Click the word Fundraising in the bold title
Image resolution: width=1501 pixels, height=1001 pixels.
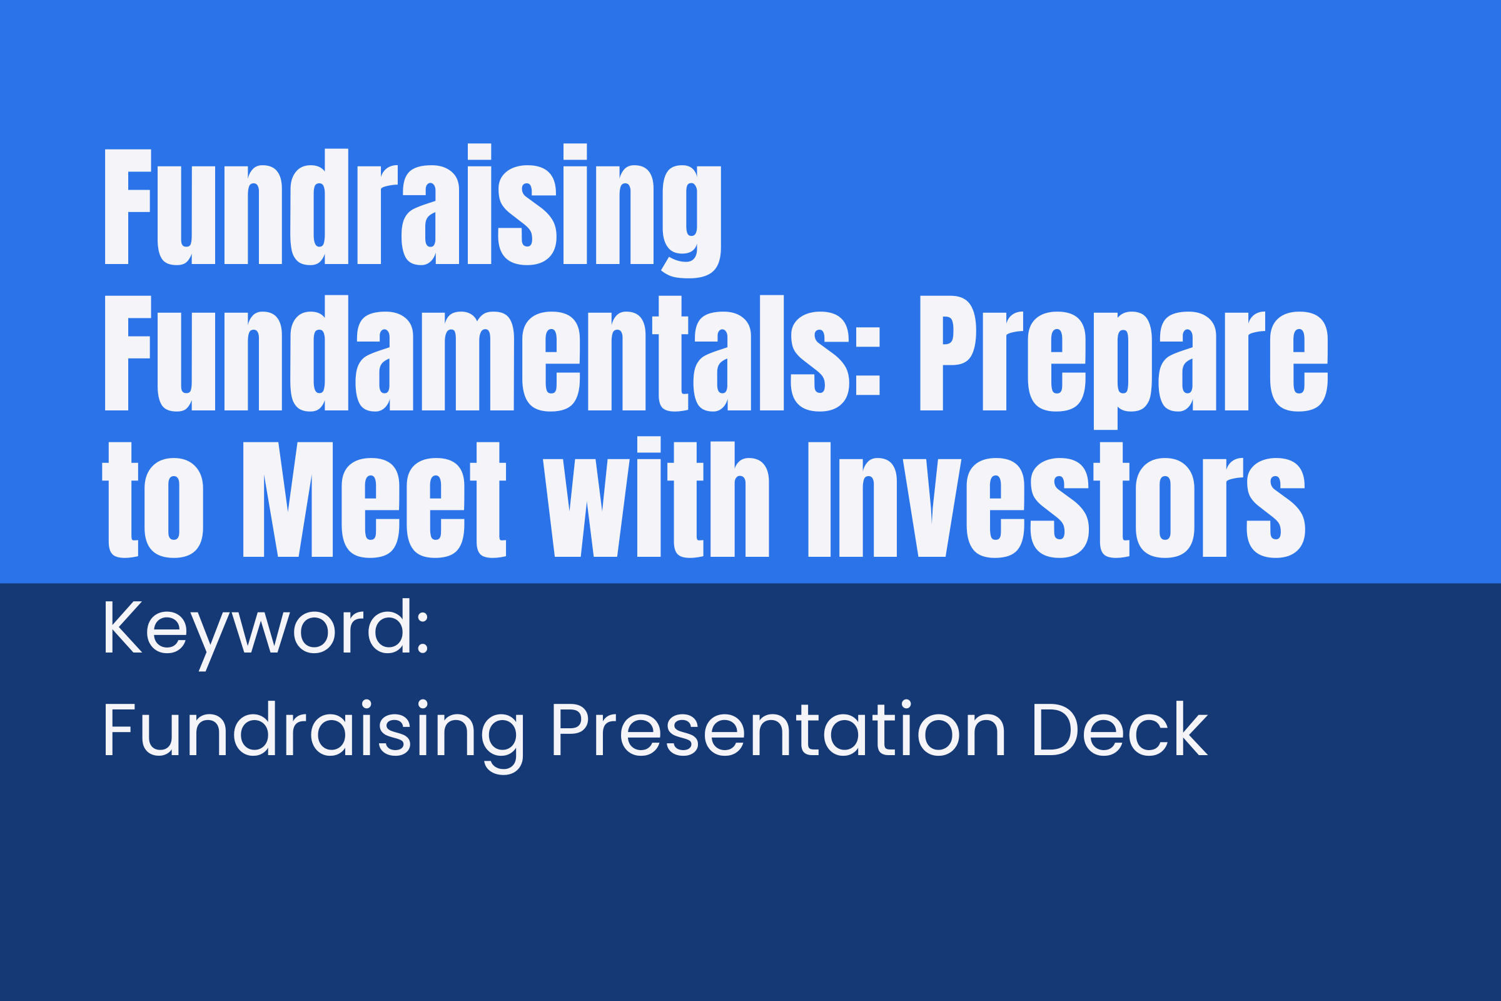[x=413, y=211]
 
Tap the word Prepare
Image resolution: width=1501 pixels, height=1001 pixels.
[x=1124, y=362]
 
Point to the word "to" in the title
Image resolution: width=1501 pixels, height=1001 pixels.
[x=153, y=500]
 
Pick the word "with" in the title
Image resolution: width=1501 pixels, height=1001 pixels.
[x=656, y=497]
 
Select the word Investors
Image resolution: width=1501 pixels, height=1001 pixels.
[x=1057, y=500]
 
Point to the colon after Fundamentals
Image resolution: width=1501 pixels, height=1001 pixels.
[x=868, y=362]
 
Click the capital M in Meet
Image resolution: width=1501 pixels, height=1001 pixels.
[x=288, y=500]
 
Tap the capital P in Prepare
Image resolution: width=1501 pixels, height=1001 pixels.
[x=948, y=353]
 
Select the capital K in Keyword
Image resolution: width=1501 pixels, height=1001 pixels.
[x=123, y=627]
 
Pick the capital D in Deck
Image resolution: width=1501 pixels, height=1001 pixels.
[x=1056, y=729]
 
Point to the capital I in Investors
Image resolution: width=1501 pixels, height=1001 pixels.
[x=819, y=500]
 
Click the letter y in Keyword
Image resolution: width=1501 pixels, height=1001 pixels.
[x=210, y=643]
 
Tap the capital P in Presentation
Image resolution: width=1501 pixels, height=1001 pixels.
[x=570, y=729]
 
